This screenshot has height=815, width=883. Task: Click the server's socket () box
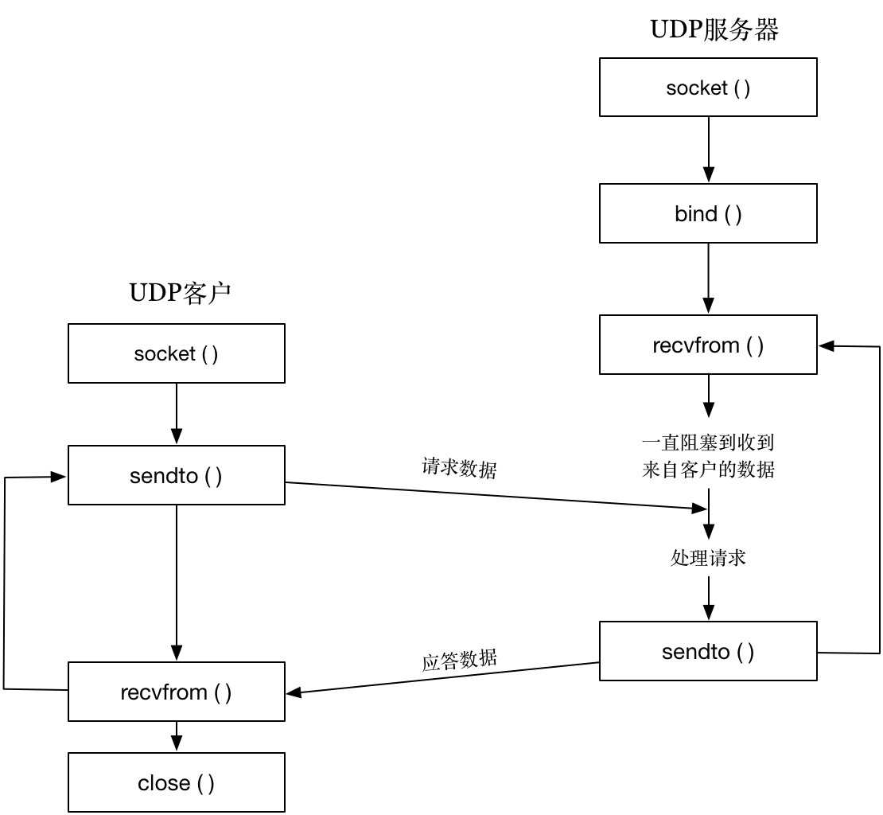coord(708,88)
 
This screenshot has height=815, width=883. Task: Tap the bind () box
coord(708,213)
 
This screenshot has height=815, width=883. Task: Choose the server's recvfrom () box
coord(708,345)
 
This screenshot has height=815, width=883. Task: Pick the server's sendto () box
coord(708,652)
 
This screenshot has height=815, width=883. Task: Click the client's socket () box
coord(177,353)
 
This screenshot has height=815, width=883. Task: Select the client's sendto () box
coord(177,476)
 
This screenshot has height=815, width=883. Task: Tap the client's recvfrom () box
coord(177,692)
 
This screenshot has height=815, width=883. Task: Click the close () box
coord(177,782)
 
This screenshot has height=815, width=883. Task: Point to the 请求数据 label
coord(459,468)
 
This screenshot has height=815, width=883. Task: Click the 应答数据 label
coord(459,660)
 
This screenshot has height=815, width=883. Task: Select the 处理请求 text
coord(708,557)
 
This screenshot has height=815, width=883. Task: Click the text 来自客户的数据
coord(708,469)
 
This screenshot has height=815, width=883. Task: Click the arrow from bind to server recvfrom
coord(708,279)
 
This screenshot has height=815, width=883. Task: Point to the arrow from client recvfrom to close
coord(177,736)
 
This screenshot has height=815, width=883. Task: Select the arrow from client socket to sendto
coord(177,414)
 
